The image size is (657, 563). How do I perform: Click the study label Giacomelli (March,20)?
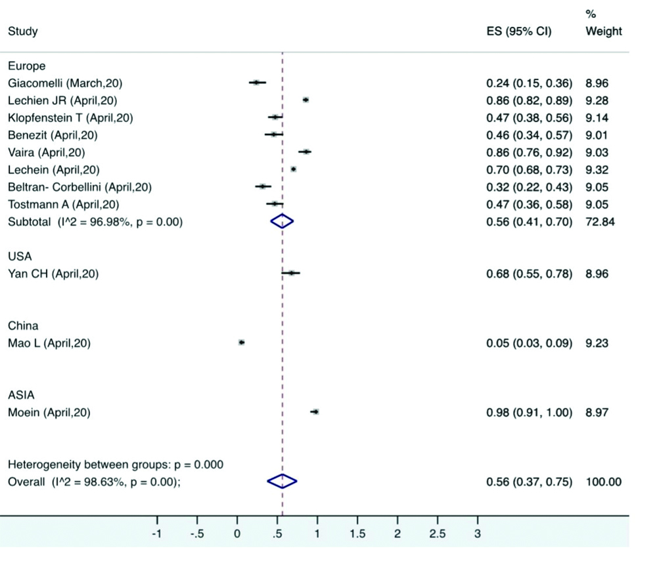(65, 83)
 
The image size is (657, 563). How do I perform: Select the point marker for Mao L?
(241, 342)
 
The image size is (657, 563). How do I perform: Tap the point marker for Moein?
(315, 411)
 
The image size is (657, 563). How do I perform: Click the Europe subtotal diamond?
(282, 222)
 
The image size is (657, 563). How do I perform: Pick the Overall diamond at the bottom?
(282, 482)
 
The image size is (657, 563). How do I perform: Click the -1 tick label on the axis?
(156, 534)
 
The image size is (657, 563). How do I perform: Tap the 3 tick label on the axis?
(478, 534)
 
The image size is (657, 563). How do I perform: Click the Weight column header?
(603, 31)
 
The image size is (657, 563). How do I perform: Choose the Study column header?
(22, 31)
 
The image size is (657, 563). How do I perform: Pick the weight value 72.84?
(599, 222)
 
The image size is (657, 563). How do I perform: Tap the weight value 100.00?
(603, 482)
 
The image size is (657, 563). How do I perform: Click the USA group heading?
(20, 257)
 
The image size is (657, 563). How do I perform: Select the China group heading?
(23, 325)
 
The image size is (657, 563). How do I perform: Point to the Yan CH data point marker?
(291, 272)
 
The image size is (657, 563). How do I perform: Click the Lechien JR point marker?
(306, 100)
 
